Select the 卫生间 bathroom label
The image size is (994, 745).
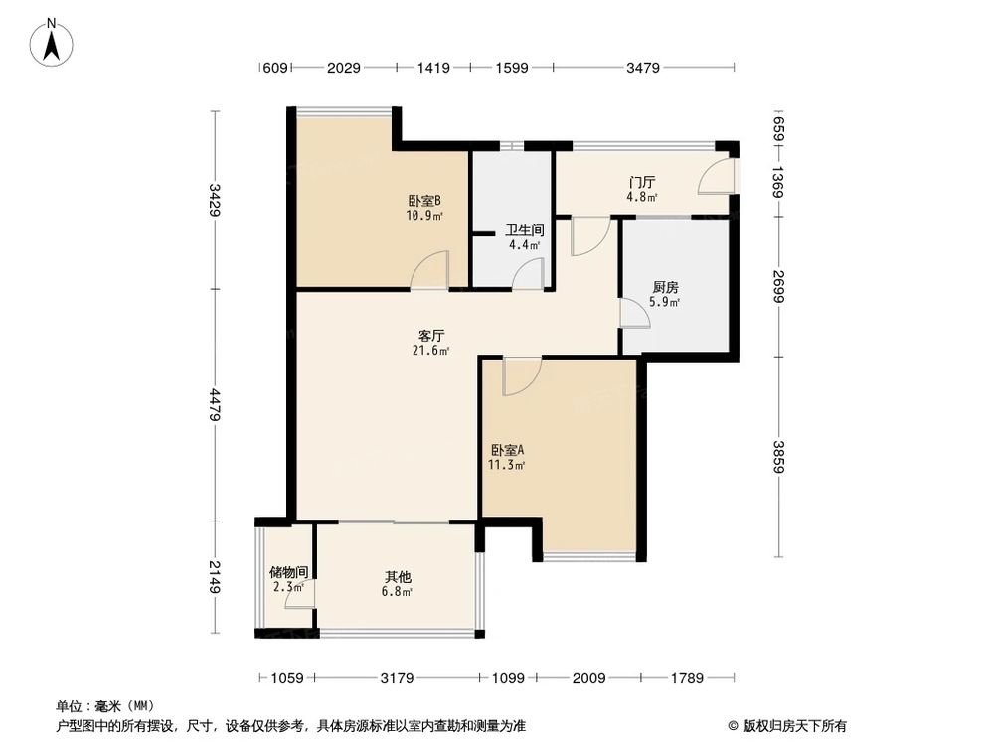tap(524, 229)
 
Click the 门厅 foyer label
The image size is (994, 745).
tap(641, 182)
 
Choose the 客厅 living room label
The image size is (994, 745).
tap(432, 335)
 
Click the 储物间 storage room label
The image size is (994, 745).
tap(288, 572)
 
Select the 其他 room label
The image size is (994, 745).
tap(399, 577)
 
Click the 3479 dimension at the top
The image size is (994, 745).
tap(645, 68)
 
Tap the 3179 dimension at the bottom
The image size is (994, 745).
tap(398, 679)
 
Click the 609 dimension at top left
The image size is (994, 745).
tap(274, 68)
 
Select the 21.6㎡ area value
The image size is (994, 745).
tap(432, 350)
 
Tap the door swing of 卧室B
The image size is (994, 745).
tap(433, 270)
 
